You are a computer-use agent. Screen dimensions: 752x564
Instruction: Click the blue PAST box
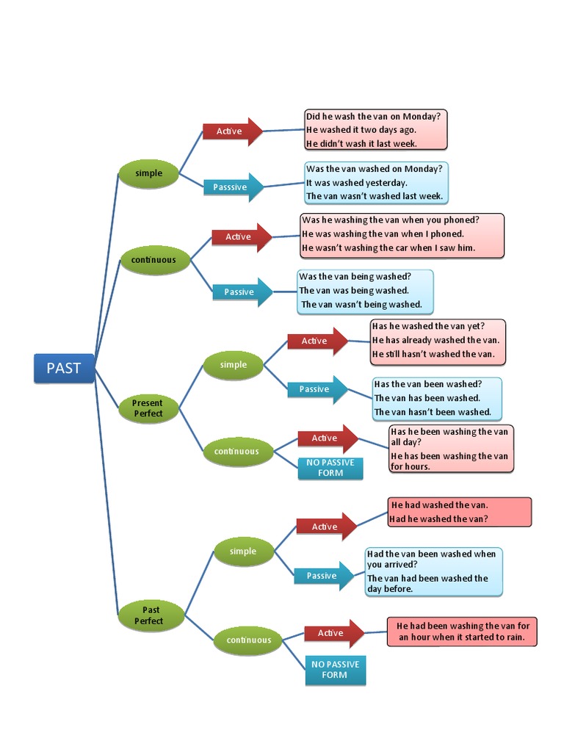pos(64,368)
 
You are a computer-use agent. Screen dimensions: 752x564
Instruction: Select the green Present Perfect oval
pos(148,408)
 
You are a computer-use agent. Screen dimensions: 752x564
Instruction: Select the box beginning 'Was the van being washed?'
pos(365,291)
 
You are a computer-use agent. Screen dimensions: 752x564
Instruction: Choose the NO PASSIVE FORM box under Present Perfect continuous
pos(330,468)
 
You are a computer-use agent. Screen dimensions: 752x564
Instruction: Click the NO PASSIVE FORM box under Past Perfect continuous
pos(335,669)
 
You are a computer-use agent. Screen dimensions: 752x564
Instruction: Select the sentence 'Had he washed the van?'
pos(438,519)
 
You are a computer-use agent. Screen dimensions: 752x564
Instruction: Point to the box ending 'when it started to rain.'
pos(462,632)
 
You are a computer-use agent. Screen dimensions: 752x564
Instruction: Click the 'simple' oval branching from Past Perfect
pos(243,552)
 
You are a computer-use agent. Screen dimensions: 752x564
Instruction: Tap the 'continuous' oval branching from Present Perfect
pos(236,452)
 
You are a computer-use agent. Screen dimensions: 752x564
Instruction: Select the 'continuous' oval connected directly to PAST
pos(153,260)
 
